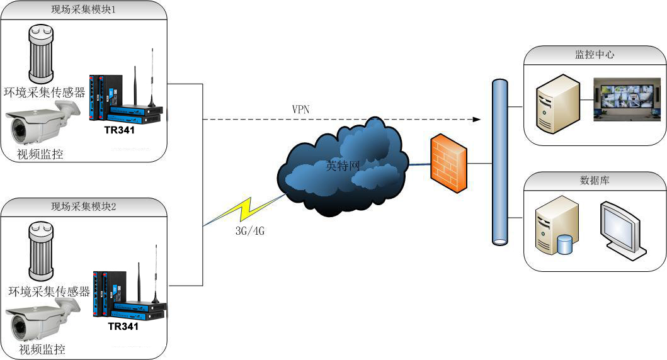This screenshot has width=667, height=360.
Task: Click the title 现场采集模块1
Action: [83, 10]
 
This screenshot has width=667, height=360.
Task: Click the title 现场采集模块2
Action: [83, 206]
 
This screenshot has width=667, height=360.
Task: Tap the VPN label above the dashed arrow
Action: [300, 109]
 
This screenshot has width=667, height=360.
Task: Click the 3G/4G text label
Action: [249, 231]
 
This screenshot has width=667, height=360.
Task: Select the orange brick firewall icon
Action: [449, 162]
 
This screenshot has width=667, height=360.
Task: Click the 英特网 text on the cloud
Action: [343, 166]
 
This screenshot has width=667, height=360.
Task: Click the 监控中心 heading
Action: [595, 55]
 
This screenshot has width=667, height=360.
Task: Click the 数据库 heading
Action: [595, 180]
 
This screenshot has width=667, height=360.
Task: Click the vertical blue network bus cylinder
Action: [499, 162]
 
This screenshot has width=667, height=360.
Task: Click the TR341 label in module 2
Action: [123, 326]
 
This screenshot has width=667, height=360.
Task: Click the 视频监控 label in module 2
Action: [42, 349]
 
